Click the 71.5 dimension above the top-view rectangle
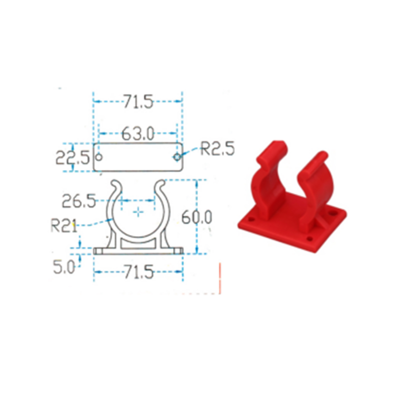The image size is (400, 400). [x=138, y=101]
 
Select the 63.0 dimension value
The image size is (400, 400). [x=138, y=133]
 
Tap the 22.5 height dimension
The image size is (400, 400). [x=72, y=157]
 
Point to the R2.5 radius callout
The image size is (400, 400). [x=217, y=148]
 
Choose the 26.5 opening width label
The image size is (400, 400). [x=79, y=201]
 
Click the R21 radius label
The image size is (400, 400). [x=64, y=225]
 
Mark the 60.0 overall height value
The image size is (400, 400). [x=196, y=217]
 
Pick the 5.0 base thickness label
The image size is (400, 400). [x=64, y=267]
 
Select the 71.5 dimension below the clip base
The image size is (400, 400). [x=139, y=271]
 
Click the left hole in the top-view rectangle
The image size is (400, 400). [x=99, y=157]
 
